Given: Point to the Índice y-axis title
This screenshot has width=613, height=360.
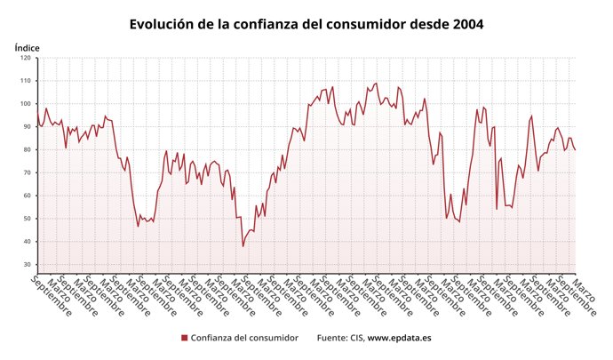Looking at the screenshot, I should pyautogui.click(x=27, y=47).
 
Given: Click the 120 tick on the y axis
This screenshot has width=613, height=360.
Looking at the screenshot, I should pyautogui.click(x=25, y=59).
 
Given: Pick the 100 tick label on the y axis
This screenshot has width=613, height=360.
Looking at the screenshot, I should pyautogui.click(x=25, y=104).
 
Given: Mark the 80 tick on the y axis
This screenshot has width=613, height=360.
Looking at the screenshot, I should pyautogui.click(x=27, y=150).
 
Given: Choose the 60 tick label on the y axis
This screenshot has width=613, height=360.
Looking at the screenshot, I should pyautogui.click(x=27, y=196).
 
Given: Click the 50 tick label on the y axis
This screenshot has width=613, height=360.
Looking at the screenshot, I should pyautogui.click(x=27, y=219).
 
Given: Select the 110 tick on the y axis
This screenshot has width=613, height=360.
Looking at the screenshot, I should pyautogui.click(x=25, y=81).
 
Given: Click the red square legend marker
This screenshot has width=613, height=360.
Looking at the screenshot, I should pyautogui.click(x=184, y=338).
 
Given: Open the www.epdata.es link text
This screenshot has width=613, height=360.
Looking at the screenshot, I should pyautogui.click(x=400, y=338).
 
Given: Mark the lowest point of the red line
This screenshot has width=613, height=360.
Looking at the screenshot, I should pyautogui.click(x=243, y=245).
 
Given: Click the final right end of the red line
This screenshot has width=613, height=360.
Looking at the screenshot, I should pyautogui.click(x=575, y=149).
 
